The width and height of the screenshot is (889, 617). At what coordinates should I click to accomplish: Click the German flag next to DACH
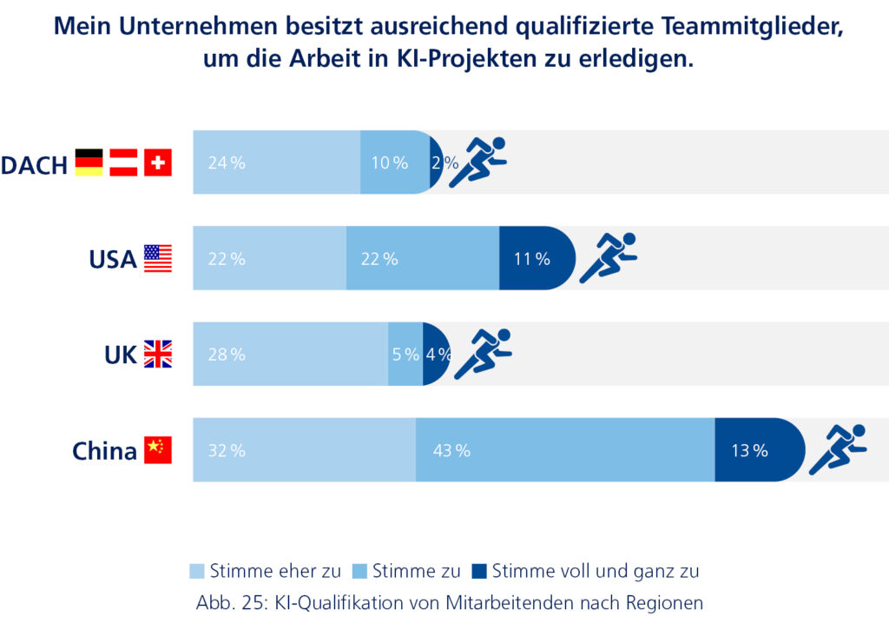coord(89,163)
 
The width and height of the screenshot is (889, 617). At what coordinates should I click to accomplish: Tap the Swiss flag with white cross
coord(158,163)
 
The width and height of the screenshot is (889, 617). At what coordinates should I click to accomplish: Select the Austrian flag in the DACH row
coord(123,163)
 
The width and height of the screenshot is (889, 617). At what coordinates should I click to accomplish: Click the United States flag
coord(158,258)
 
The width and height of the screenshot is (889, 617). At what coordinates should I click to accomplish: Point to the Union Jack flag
coord(158,354)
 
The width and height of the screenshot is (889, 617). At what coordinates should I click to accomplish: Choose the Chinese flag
coord(158,450)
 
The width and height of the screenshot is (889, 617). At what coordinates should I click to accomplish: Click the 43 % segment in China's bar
coord(564,450)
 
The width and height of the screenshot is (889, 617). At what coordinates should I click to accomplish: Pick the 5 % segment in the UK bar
coord(405,354)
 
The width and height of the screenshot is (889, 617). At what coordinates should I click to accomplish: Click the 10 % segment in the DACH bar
coord(393,163)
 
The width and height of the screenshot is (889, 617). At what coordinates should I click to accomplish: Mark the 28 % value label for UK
coord(227,355)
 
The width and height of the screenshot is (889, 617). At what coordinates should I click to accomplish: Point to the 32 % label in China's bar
coord(227,451)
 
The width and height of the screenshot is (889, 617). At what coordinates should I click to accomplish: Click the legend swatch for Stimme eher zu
coord(198,571)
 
